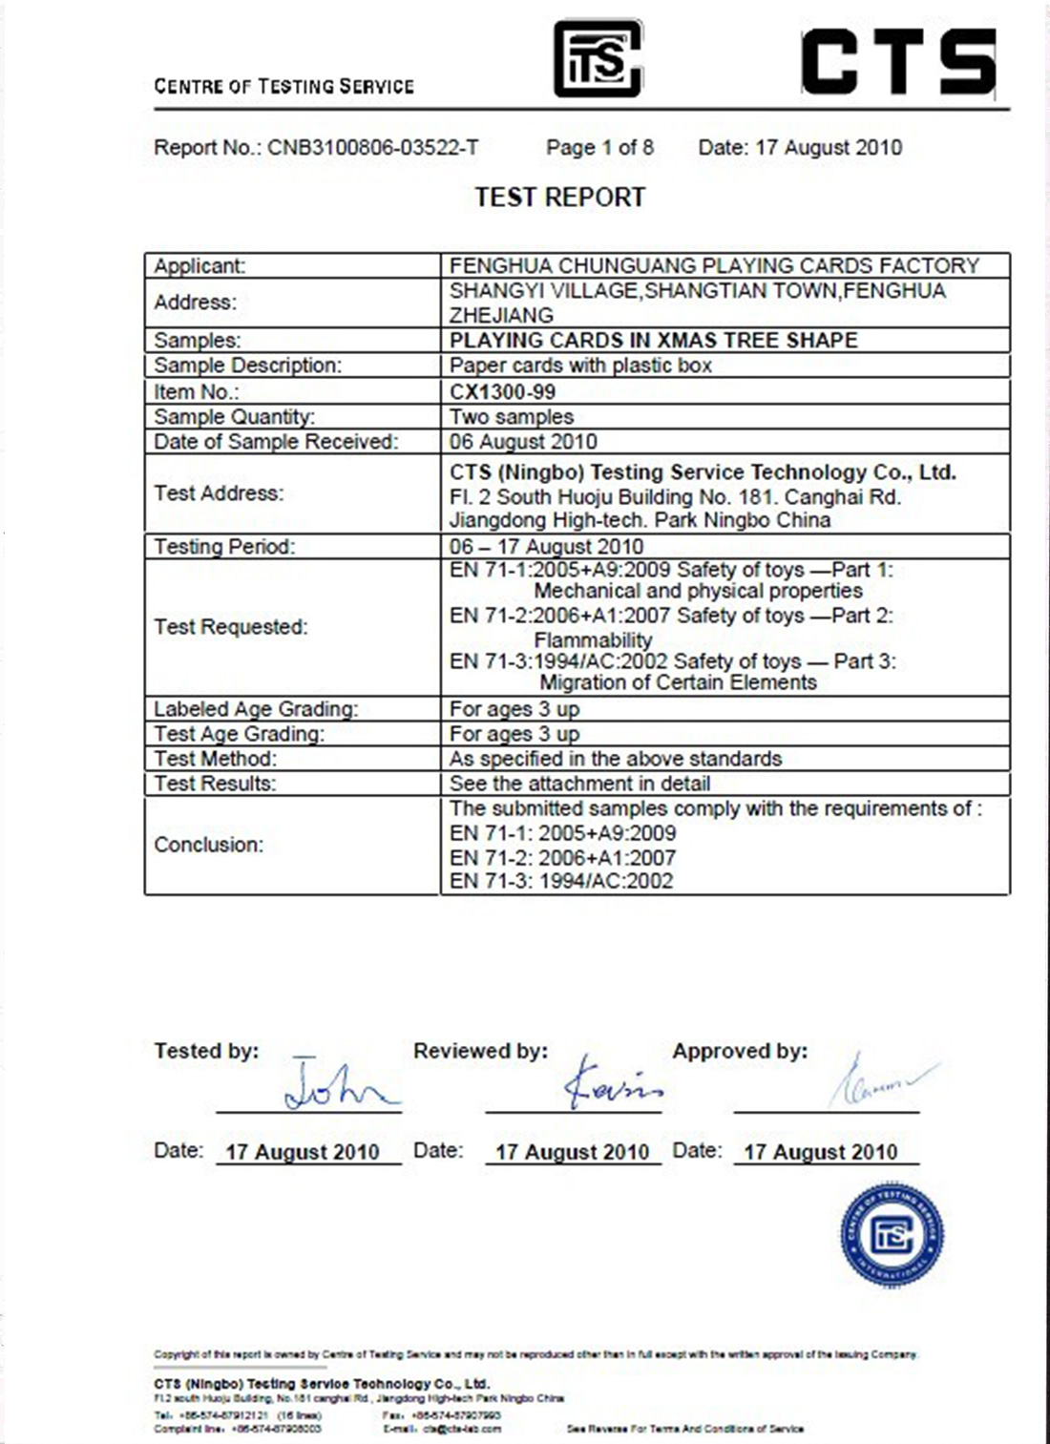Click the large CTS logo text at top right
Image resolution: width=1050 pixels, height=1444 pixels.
click(898, 62)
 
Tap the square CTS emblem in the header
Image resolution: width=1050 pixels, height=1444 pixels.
click(598, 59)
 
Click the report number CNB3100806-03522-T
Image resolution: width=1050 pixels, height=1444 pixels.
click(372, 148)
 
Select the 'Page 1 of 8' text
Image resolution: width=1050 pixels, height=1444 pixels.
click(599, 148)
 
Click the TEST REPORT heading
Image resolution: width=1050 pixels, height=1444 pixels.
click(560, 198)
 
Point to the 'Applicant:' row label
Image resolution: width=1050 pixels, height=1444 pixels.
click(199, 266)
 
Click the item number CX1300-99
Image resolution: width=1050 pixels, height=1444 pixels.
click(502, 391)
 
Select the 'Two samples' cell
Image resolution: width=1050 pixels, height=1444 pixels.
click(512, 417)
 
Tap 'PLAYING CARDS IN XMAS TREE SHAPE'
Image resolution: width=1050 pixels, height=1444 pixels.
click(654, 341)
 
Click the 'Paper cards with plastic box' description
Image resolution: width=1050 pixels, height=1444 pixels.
click(580, 366)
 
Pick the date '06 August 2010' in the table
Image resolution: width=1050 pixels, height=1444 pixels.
click(523, 442)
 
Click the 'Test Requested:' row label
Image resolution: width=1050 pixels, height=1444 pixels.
click(231, 627)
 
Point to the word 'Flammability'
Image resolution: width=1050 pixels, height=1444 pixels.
click(593, 639)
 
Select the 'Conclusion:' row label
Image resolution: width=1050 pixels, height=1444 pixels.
click(208, 845)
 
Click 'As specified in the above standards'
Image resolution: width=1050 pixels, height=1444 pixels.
click(616, 759)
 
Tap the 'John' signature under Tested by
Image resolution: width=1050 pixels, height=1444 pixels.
click(339, 1087)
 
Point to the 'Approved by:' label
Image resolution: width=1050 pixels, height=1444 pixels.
click(740, 1052)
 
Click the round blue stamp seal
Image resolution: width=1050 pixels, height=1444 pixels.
click(892, 1234)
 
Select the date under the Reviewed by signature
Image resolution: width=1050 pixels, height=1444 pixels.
click(572, 1152)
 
